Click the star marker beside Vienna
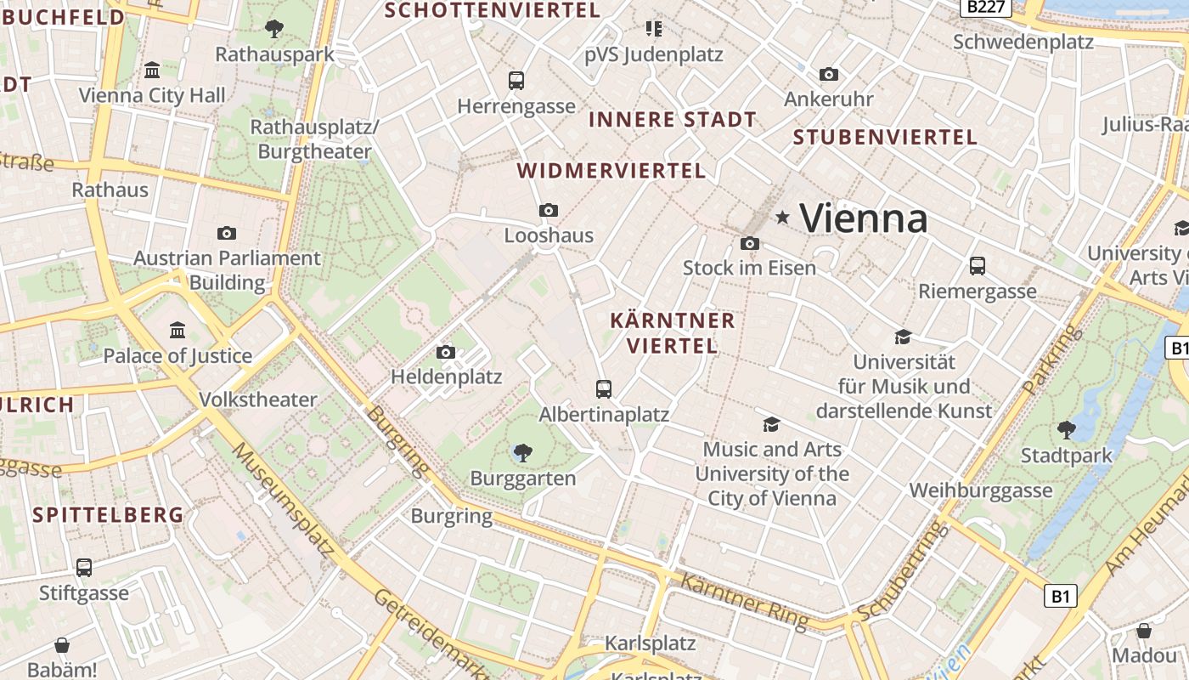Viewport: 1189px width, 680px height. click(x=782, y=218)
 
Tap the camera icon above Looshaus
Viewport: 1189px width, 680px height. click(x=549, y=210)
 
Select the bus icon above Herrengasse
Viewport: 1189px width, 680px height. click(x=516, y=81)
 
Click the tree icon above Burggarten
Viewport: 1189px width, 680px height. click(x=523, y=453)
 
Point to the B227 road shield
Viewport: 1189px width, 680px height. click(x=987, y=7)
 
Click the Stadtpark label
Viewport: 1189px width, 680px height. click(x=1066, y=456)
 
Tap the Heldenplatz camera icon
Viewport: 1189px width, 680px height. click(x=446, y=352)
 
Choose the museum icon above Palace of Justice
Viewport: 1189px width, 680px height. click(x=178, y=330)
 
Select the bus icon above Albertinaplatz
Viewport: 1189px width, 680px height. click(x=604, y=389)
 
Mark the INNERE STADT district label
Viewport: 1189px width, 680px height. click(x=672, y=120)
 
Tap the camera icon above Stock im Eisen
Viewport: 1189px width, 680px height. click(x=749, y=244)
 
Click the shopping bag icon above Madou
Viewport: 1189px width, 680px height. click(x=1144, y=631)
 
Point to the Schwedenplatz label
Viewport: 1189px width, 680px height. click(x=1023, y=42)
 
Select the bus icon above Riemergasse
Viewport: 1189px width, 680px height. click(x=978, y=266)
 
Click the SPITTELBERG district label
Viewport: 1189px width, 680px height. click(x=108, y=514)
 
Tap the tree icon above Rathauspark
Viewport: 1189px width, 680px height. click(x=273, y=29)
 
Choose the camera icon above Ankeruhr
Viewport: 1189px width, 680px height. click(x=829, y=75)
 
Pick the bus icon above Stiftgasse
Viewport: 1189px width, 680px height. click(x=83, y=567)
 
